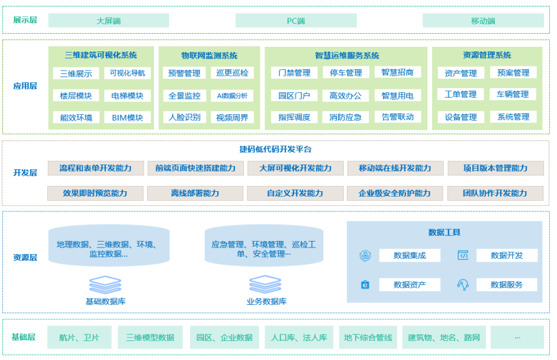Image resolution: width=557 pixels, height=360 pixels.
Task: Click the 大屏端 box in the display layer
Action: [108, 21]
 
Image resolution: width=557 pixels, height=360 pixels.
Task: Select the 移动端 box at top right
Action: [483, 21]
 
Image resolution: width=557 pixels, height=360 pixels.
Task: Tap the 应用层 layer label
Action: [25, 86]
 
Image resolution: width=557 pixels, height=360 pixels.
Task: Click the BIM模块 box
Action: [127, 117]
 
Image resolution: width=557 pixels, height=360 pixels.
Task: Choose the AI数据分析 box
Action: [232, 95]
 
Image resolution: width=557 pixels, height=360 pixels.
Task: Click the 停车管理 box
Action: [345, 73]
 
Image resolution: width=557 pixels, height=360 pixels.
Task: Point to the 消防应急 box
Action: [345, 117]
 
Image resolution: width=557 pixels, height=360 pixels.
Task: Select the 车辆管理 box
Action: [513, 95]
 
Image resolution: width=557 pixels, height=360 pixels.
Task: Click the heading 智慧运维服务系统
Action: [347, 55]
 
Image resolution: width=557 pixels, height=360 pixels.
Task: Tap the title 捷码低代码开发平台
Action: [275, 149]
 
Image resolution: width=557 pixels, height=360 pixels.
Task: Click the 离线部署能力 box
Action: [195, 193]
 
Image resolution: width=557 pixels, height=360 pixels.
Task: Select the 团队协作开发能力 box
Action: [495, 193]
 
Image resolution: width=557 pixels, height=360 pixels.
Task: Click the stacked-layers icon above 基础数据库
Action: [105, 284]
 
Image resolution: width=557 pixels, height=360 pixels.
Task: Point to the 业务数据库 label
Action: [266, 301]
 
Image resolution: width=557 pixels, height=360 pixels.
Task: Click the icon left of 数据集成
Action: [365, 255]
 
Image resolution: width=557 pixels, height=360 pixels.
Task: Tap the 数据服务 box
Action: [507, 285]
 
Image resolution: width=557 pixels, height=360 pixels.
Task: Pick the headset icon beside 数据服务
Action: [463, 285]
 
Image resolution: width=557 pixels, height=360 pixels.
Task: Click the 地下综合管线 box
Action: [368, 337]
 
